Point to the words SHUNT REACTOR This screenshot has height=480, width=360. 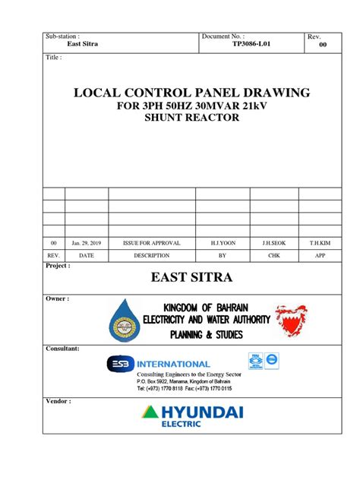tap(181, 120)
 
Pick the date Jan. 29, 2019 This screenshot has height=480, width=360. tap(87, 242)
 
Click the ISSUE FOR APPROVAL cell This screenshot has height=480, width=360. tap(151, 242)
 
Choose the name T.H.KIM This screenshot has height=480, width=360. tap(320, 242)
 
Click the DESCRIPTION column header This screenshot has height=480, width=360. tap(151, 256)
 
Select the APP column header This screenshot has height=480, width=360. tap(320, 256)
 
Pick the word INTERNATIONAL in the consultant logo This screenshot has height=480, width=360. tap(173, 364)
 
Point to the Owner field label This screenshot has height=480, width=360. tap(58, 298)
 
